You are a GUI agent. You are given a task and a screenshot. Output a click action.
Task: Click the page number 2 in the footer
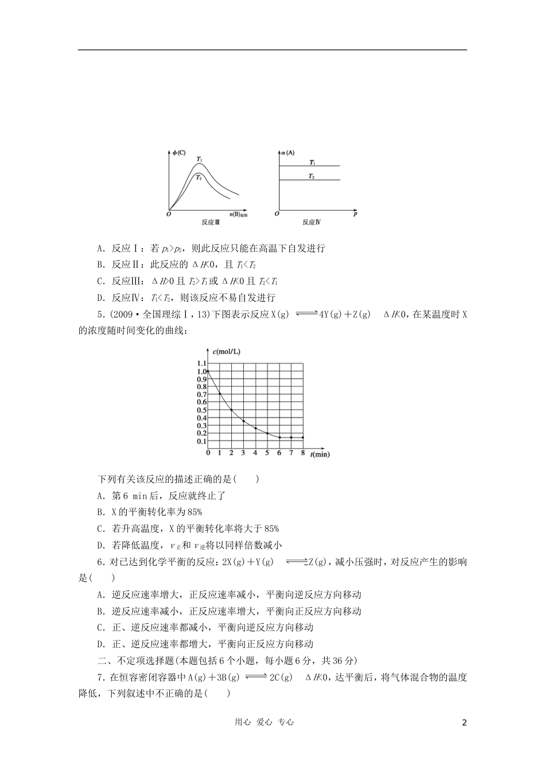click(x=465, y=723)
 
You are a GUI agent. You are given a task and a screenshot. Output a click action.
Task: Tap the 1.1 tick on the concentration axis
click(x=201, y=364)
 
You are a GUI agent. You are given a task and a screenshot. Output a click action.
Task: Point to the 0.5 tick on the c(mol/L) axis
click(x=201, y=410)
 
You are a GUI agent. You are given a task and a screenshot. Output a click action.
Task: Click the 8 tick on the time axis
click(x=303, y=453)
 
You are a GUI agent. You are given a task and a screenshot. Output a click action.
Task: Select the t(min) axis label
click(x=320, y=454)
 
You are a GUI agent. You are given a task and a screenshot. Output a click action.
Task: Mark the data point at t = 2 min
click(x=231, y=410)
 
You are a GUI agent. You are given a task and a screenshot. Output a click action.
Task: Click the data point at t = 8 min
click(x=303, y=437)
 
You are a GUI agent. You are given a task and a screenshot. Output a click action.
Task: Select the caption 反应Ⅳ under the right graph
click(x=312, y=222)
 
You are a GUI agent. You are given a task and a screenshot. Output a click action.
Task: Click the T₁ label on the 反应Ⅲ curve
click(x=200, y=159)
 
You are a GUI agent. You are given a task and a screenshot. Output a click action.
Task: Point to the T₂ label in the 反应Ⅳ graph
click(x=311, y=176)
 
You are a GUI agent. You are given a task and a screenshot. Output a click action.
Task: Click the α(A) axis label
click(x=287, y=152)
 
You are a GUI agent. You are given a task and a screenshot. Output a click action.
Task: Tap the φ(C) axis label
click(x=179, y=152)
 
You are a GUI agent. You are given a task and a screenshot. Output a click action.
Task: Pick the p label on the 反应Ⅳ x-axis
click(x=355, y=214)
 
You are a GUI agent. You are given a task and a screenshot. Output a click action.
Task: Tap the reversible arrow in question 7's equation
click(x=255, y=677)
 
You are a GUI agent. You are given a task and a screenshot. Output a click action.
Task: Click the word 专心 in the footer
click(x=285, y=723)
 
